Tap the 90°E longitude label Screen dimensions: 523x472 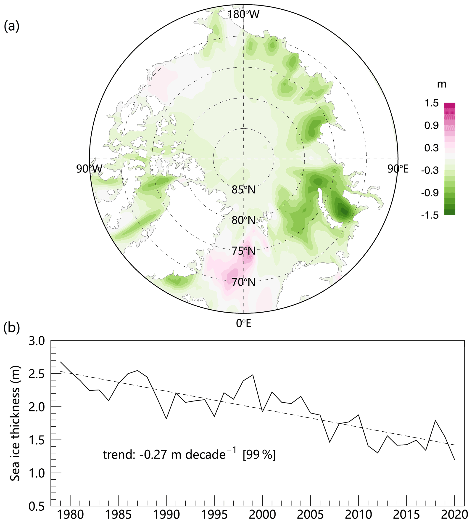click(398, 169)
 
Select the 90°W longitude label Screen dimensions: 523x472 click(89, 169)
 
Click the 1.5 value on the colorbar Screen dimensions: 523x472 click(431, 104)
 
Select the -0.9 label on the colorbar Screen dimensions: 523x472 click(430, 193)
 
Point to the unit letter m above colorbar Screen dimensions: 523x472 click(442, 85)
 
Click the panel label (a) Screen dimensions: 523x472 click(12, 27)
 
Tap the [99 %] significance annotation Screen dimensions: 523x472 click(259, 454)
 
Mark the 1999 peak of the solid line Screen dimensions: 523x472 click(253, 375)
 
